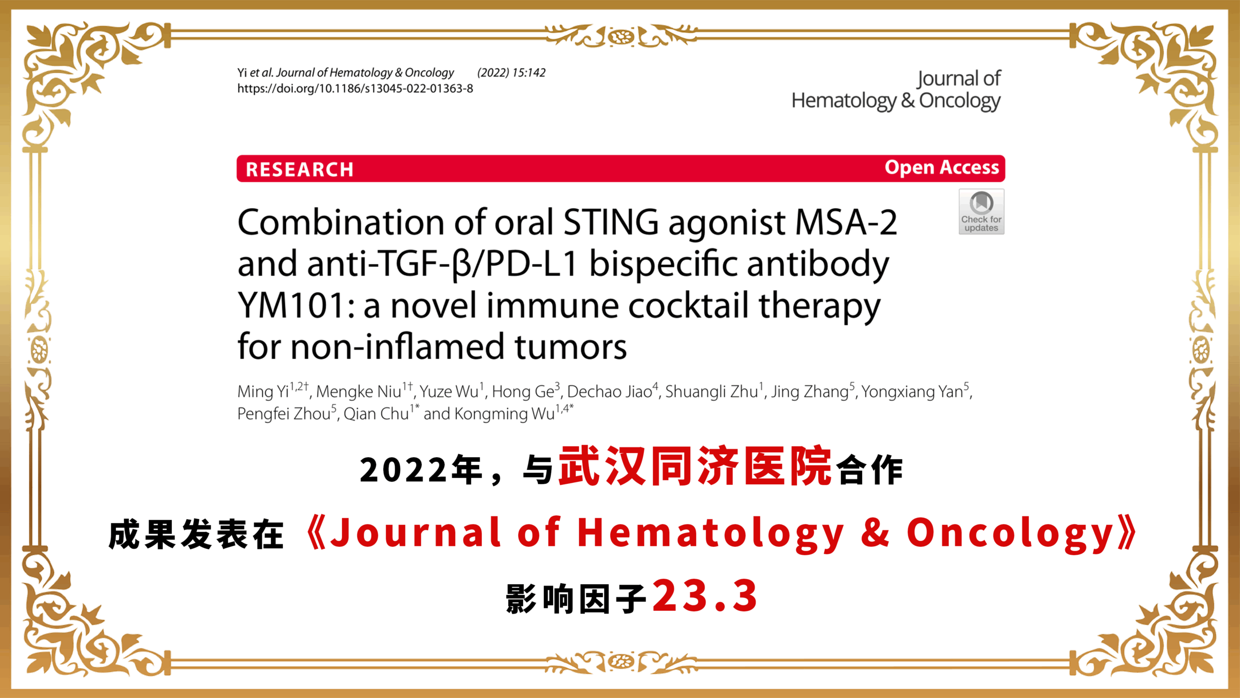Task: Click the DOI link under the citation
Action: click(355, 89)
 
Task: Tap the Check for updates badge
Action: click(981, 212)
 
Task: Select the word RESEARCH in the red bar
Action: click(299, 170)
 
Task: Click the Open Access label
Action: click(942, 168)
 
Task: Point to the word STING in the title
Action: click(611, 222)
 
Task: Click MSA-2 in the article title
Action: click(846, 222)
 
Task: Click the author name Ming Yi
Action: click(263, 392)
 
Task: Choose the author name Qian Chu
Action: click(376, 414)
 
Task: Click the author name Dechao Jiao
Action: click(609, 392)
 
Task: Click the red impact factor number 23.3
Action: click(705, 596)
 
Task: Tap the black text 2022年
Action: click(421, 470)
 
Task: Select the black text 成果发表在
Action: click(196, 535)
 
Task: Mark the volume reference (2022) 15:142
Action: click(511, 73)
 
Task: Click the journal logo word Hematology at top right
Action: click(844, 101)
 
